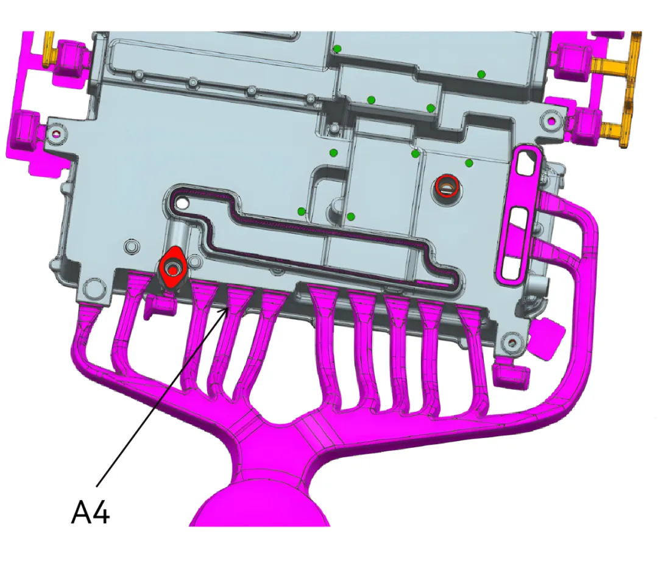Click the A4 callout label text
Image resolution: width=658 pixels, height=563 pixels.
[91, 511]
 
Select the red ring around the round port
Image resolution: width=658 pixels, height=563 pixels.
[447, 185]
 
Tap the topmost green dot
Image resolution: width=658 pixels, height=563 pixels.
[336, 49]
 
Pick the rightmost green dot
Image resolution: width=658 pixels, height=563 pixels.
[481, 74]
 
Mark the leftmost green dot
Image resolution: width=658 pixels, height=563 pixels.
[302, 211]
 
